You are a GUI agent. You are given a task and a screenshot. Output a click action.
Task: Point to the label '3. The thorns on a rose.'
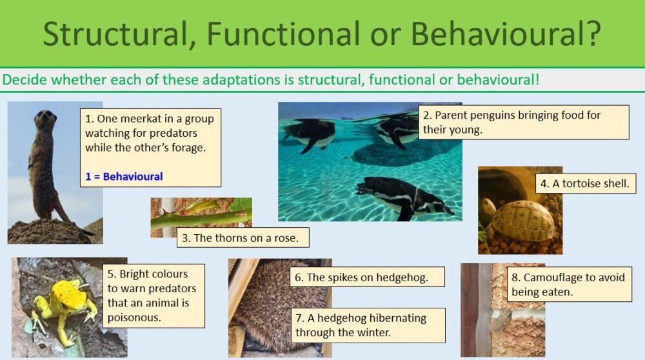pos(240,237)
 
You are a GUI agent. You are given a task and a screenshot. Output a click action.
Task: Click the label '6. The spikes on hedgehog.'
pos(368,278)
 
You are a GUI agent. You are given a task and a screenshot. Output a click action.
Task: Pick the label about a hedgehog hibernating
pos(370,325)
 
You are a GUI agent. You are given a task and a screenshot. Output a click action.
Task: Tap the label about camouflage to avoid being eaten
pos(568,285)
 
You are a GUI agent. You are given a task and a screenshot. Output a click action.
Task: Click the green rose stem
pos(193,219)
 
